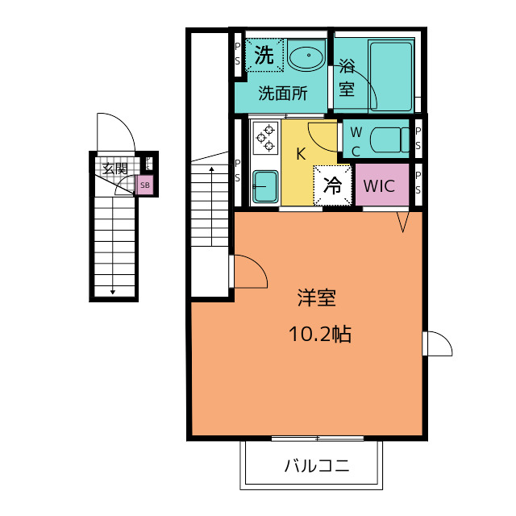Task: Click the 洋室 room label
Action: pyautogui.click(x=317, y=298)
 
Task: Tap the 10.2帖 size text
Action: pyautogui.click(x=320, y=334)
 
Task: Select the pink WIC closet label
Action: pyautogui.click(x=379, y=186)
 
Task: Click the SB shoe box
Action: pyautogui.click(x=145, y=185)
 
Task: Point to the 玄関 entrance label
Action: pyautogui.click(x=114, y=169)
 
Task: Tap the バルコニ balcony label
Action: pyautogui.click(x=317, y=466)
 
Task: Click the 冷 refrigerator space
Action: pyautogui.click(x=332, y=185)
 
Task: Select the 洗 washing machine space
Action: pyautogui.click(x=264, y=55)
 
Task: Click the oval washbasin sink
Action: pyautogui.click(x=306, y=56)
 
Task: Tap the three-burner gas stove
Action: pyautogui.click(x=265, y=138)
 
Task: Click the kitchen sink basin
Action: pyautogui.click(x=265, y=186)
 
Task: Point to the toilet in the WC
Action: pyautogui.click(x=389, y=139)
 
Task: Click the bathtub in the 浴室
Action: pyautogui.click(x=390, y=77)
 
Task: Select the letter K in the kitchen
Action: pyautogui.click(x=301, y=154)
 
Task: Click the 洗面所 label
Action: pyautogui.click(x=283, y=94)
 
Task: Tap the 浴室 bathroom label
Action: pyautogui.click(x=347, y=77)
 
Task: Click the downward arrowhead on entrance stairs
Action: pyautogui.click(x=113, y=292)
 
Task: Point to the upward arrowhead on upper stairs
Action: pyautogui.click(x=211, y=169)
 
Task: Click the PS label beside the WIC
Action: pyautogui.click(x=418, y=183)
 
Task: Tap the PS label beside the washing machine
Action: pyautogui.click(x=238, y=54)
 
